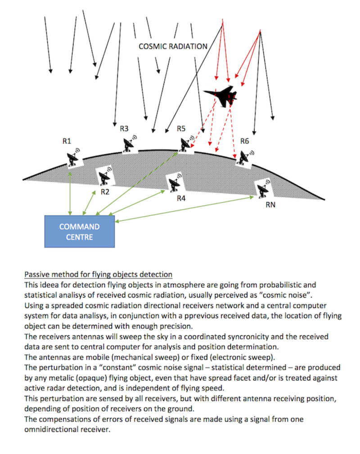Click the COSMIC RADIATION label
click(173, 46)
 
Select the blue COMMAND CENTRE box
click(80, 231)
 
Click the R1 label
click(67, 141)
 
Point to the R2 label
click(105, 192)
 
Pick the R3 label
click(124, 129)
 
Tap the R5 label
click(181, 129)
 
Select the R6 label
click(244, 141)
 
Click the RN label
click(271, 205)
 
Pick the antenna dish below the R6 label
click(245, 158)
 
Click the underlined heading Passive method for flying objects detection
click(98, 274)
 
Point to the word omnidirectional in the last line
click(63, 429)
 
